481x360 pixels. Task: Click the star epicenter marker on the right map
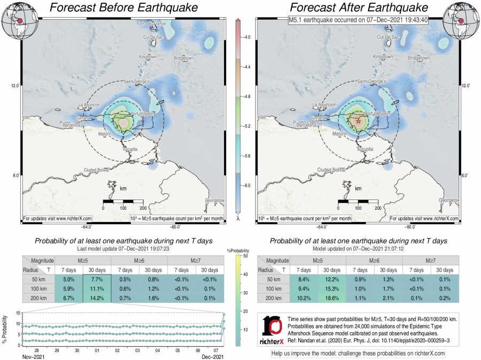pyautogui.click(x=358, y=121)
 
